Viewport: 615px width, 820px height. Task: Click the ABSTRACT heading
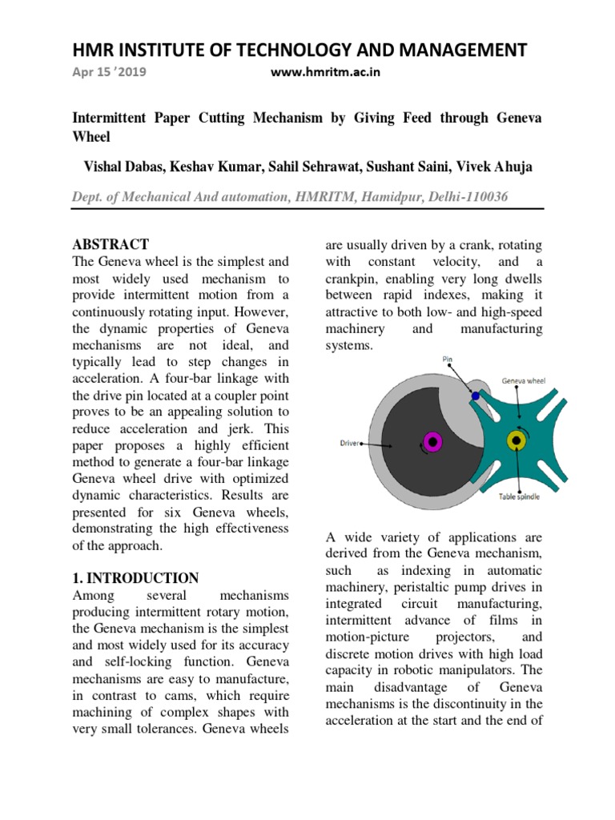[111, 244]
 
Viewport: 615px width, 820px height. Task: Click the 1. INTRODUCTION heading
[135, 577]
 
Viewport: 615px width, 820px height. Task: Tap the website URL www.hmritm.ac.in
[325, 72]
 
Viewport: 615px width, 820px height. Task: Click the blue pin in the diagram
[475, 396]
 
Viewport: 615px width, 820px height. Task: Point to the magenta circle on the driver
[432, 440]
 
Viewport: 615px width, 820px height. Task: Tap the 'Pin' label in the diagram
[448, 360]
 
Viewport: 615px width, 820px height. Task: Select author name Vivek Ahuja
[502, 166]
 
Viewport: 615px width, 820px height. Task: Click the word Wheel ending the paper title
[91, 137]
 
